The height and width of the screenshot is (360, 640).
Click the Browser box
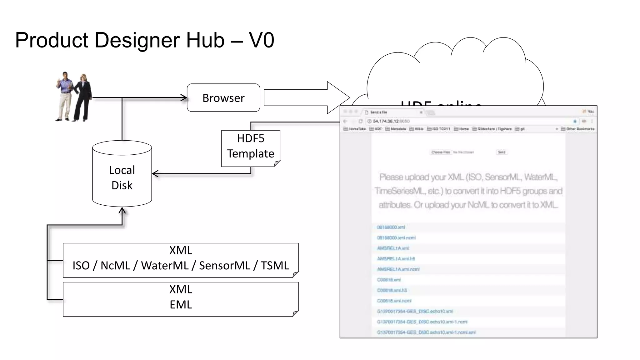pos(223,98)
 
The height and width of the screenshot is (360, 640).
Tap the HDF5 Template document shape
pos(251,147)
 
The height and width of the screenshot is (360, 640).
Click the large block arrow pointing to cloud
pos(306,97)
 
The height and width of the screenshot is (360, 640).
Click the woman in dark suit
pos(82,97)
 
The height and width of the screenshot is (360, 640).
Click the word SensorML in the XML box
pos(224,266)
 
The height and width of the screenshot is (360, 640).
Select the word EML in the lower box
pos(181,304)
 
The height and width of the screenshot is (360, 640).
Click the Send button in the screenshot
pos(501,152)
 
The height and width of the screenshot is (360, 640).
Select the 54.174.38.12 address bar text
pos(386,121)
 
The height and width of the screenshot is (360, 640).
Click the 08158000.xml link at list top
pos(391,227)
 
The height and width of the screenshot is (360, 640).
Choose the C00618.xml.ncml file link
pos(394,301)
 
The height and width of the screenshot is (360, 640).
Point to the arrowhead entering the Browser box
pos(184,98)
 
